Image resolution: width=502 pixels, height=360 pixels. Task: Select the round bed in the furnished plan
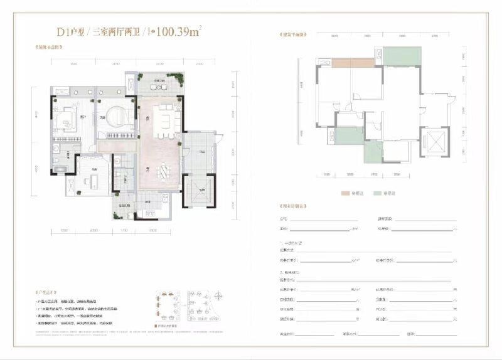[x=114, y=118]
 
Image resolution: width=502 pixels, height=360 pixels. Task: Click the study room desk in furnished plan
[x=92, y=182]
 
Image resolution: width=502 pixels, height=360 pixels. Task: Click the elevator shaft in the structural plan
[x=433, y=141]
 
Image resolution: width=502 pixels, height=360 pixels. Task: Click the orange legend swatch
[x=344, y=194]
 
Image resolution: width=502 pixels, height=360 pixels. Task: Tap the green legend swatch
[x=376, y=194]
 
